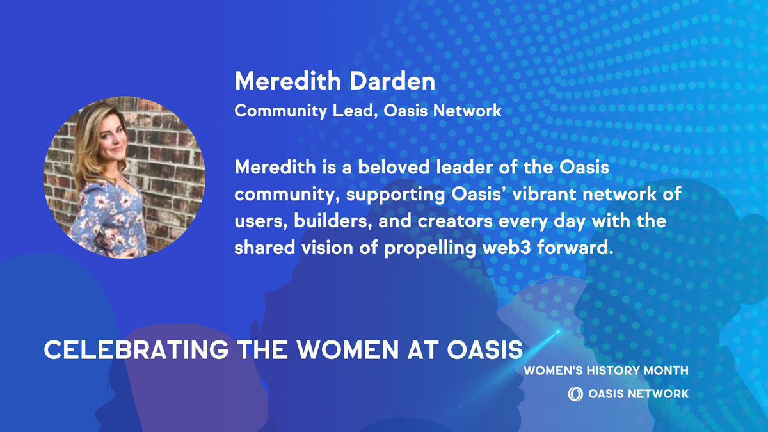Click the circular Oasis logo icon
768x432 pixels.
click(x=574, y=394)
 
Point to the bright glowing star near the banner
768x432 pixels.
click(x=558, y=332)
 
